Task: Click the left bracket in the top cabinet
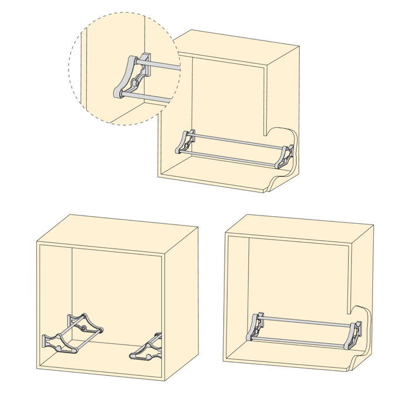pos(186,142)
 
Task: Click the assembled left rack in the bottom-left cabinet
pos(73,334)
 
